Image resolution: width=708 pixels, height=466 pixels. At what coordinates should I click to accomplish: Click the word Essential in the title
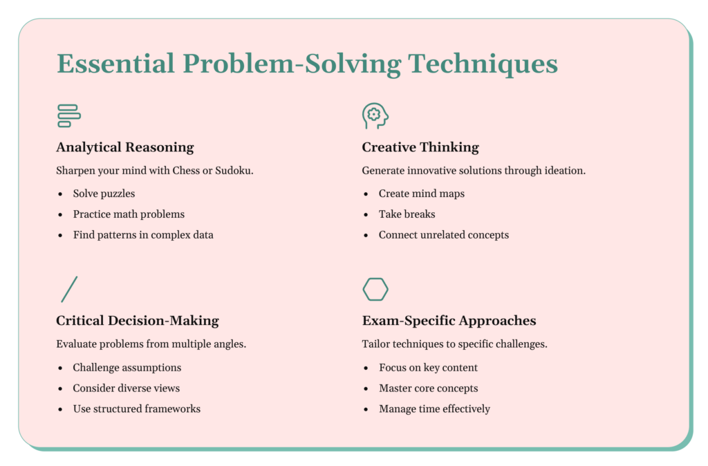coord(115,63)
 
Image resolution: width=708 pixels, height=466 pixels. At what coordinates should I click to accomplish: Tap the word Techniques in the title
coord(483,64)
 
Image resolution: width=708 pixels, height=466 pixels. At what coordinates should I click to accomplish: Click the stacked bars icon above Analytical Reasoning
coord(69,116)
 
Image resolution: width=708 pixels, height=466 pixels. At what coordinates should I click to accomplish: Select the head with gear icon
coord(375,116)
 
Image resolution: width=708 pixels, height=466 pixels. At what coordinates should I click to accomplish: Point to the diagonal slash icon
coord(69,290)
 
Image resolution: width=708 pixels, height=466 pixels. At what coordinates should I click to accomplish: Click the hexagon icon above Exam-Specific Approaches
coord(375,290)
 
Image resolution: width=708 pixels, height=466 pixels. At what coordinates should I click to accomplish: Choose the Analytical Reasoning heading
coord(125,147)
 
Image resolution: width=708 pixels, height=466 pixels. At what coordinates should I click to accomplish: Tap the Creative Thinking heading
coord(420,147)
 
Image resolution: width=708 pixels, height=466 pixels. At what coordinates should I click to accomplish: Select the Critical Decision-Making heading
coord(138,321)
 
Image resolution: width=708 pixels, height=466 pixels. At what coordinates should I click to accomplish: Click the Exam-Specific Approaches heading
coord(449,321)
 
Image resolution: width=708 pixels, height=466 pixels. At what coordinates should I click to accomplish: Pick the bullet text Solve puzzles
coord(104,194)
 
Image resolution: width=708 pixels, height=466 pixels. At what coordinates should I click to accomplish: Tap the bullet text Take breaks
coord(407,214)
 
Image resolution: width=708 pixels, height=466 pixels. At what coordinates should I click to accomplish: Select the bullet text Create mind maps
coord(422,194)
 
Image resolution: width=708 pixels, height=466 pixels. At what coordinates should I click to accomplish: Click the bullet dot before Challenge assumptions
coord(61,368)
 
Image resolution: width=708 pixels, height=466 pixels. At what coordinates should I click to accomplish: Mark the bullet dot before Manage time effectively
coord(366,409)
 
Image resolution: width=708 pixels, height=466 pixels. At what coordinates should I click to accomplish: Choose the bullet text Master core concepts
coord(429,389)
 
